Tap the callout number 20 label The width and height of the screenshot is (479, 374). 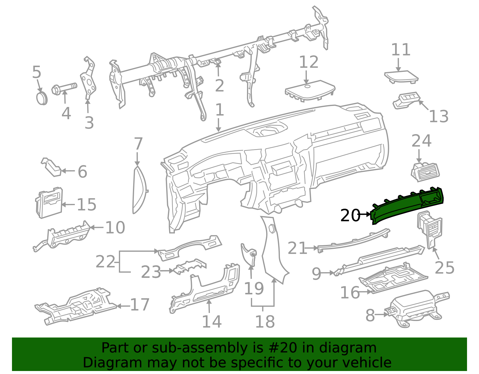coord(350,215)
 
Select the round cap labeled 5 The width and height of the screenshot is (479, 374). coord(42,99)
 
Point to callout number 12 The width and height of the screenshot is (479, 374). coord(309,62)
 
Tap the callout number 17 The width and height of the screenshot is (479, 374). coord(140,305)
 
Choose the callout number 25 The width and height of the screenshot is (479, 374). coord(444,267)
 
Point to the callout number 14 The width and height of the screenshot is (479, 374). coord(212,322)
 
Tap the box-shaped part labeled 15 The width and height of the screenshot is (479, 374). coord(49,203)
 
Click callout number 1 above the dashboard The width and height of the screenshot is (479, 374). coord(219,110)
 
